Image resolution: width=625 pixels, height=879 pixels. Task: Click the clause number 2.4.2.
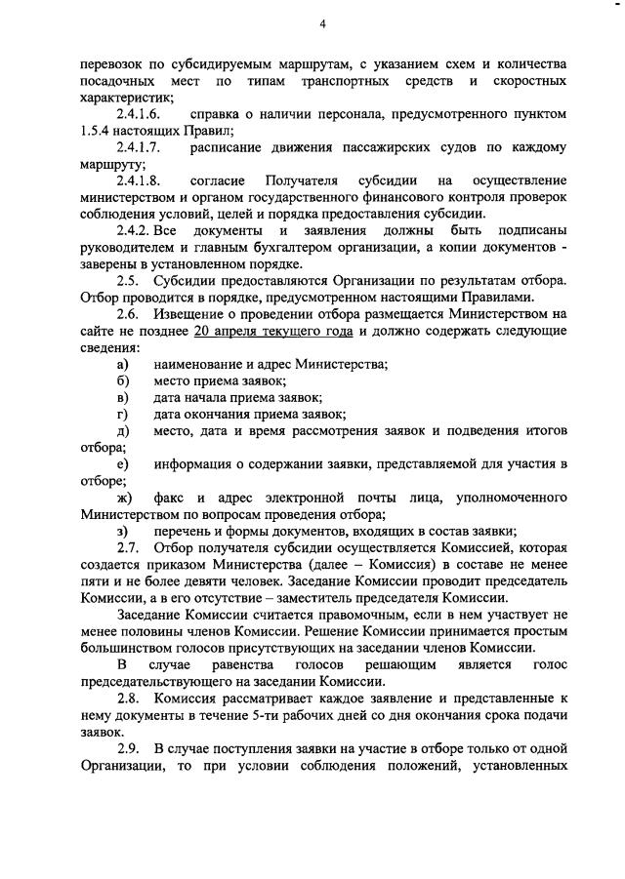[132, 231]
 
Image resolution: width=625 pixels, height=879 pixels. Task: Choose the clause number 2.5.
[127, 281]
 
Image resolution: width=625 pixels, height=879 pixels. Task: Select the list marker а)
[123, 364]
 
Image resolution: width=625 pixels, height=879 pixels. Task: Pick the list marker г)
[123, 414]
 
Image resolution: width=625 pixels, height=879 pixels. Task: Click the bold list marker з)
[123, 531]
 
